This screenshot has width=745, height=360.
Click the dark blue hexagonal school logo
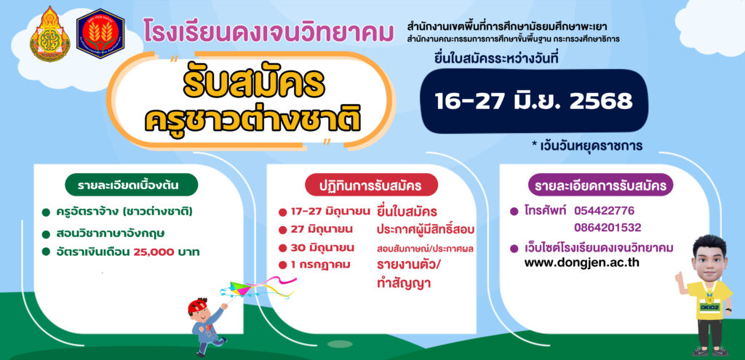pyautogui.click(x=100, y=33)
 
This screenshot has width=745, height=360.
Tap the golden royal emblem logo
pyautogui.click(x=50, y=34)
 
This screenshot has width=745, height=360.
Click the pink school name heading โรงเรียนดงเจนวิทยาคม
pyautogui.click(x=268, y=32)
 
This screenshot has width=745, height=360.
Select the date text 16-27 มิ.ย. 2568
pyautogui.click(x=534, y=100)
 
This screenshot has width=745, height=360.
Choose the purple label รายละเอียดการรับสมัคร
pyautogui.click(x=600, y=185)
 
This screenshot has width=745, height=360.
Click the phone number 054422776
pyautogui.click(x=604, y=210)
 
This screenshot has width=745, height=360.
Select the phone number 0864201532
pyautogui.click(x=607, y=228)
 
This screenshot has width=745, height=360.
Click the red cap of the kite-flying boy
pyautogui.click(x=197, y=305)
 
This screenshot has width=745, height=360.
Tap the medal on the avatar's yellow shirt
pyautogui.click(x=709, y=300)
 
